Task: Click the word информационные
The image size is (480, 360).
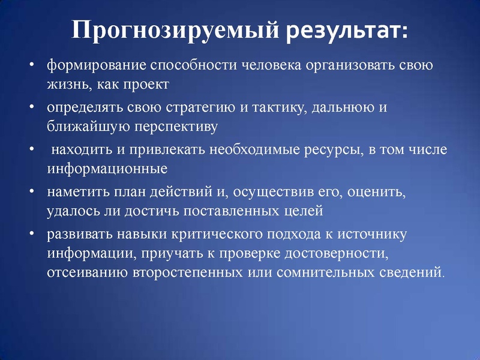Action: pyautogui.click(x=107, y=169)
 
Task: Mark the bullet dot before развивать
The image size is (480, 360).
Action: pyautogui.click(x=32, y=234)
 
